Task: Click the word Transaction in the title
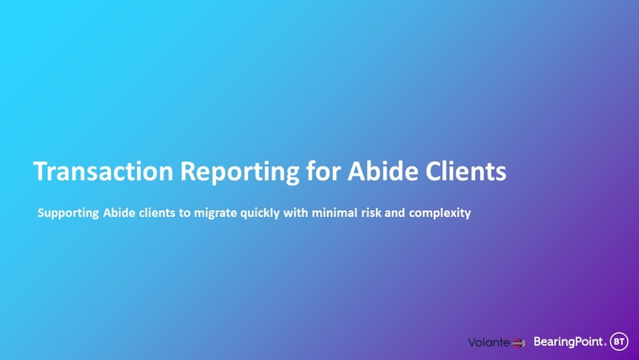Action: coord(103,171)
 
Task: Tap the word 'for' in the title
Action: coord(324,171)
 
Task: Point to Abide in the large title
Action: coord(383,171)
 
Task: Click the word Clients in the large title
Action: coord(466,171)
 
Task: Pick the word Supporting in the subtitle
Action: coord(68,214)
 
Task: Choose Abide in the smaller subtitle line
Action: coord(119,213)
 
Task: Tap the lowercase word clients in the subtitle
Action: coord(157,213)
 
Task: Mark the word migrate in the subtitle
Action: coord(215,214)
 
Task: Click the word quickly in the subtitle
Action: coord(260,214)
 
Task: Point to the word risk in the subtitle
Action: coord(371,213)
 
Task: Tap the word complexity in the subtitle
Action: coord(440,214)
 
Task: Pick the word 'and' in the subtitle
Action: coord(394,213)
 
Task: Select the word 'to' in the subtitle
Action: coord(185,213)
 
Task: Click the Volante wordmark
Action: coord(488,342)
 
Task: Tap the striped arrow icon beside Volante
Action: coord(519,343)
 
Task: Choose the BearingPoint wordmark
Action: coord(569,341)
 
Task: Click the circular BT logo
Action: coord(619,341)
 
